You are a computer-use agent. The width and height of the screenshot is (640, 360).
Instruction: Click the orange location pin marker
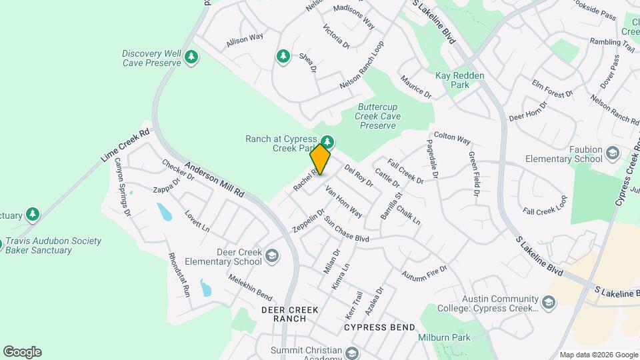coord(321,159)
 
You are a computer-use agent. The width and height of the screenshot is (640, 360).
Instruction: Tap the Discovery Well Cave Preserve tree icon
coord(192,57)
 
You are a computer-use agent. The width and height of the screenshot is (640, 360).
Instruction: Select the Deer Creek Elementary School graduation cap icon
coord(271,255)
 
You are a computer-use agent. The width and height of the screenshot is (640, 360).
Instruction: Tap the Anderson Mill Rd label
coord(215,179)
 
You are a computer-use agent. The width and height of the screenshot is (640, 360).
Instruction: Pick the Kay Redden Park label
coord(460,76)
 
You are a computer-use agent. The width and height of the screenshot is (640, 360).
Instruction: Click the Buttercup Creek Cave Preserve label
coord(379,115)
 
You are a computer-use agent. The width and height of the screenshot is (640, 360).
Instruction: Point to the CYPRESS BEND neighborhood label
coord(379,327)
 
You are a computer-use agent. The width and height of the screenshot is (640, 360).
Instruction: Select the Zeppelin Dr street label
coord(307,221)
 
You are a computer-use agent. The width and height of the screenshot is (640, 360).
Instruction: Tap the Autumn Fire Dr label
coord(423,273)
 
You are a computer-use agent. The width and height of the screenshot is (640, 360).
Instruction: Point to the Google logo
coord(22,352)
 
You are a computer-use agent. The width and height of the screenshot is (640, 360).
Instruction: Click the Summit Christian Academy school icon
coord(352,353)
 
